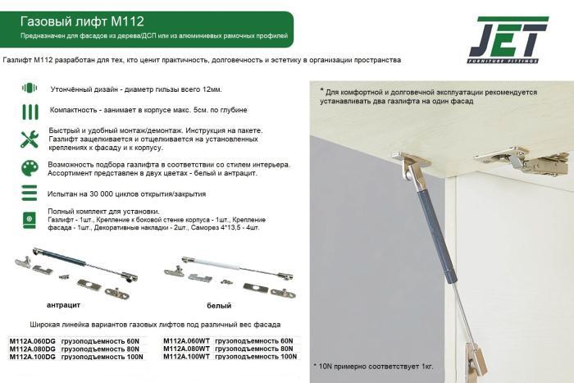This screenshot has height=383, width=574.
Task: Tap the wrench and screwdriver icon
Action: (30, 139)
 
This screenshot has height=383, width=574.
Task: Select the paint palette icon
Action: (30, 167)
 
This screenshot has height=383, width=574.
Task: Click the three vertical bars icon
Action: (30, 112)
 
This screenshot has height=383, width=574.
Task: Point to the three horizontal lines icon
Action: (30, 193)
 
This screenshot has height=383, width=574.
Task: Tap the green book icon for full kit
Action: (30, 219)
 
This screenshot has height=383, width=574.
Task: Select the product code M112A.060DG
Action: (32, 341)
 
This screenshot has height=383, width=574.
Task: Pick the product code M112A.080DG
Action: (32, 349)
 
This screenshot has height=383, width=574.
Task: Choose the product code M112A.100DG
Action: (32, 357)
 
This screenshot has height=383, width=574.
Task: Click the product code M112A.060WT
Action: (186, 341)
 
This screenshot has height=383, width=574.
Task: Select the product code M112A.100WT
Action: (186, 357)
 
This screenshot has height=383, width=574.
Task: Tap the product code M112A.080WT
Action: (186, 349)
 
